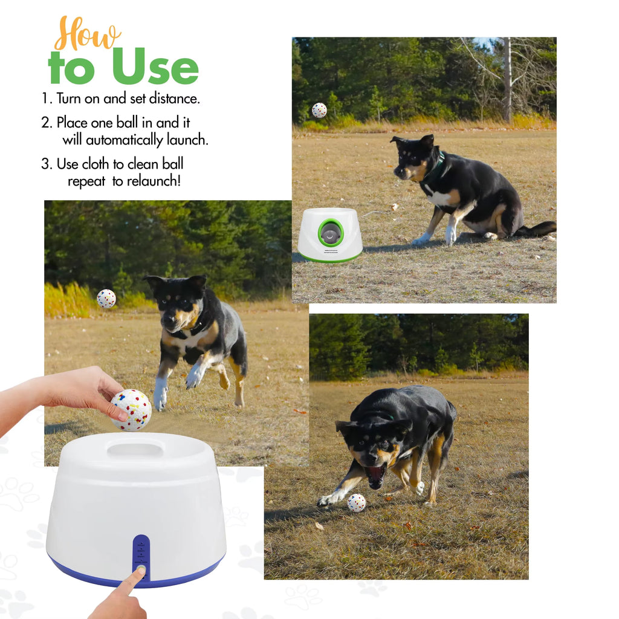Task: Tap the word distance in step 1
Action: coord(173,99)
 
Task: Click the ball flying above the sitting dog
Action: coord(319,110)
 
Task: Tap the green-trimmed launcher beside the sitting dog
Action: coord(329,236)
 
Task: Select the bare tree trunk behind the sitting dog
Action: coord(507,79)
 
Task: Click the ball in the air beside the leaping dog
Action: coord(106,299)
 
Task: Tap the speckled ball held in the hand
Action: coord(131,410)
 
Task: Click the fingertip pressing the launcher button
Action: coord(140,571)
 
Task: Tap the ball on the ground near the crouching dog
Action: coord(356,502)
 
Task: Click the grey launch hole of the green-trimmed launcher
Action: coord(330,233)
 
